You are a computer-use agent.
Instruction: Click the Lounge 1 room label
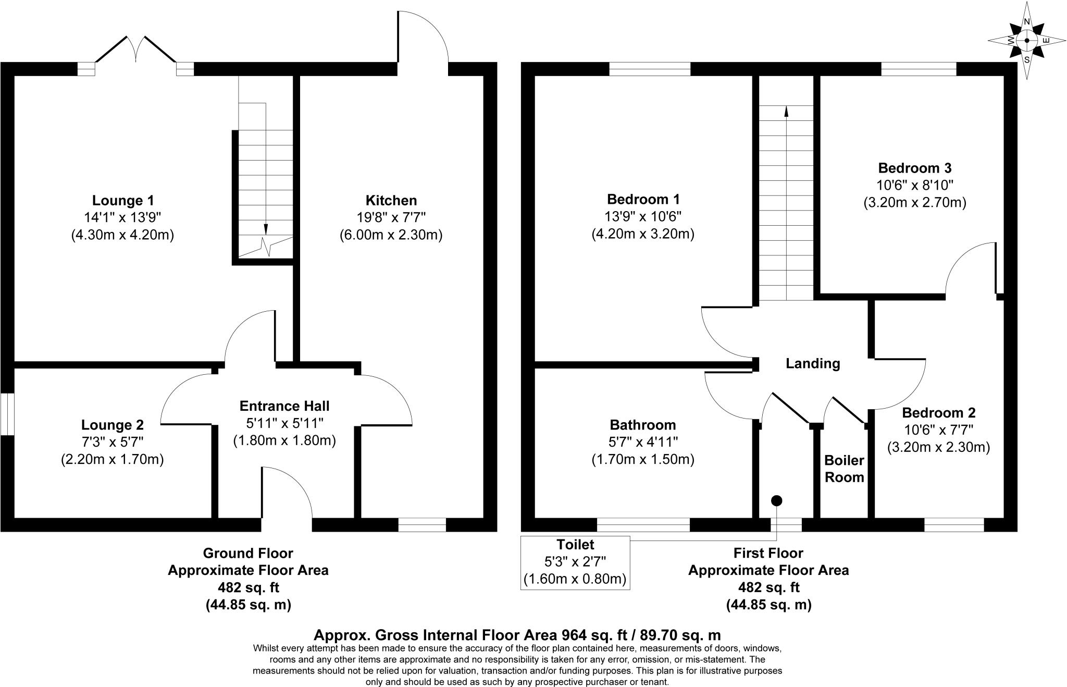123,200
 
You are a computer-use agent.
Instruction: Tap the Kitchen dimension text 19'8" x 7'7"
391,217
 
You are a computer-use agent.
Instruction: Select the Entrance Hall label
284,406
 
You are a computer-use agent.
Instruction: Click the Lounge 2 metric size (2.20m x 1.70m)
112,459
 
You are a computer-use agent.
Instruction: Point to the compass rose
1026,41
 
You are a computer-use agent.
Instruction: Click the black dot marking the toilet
777,500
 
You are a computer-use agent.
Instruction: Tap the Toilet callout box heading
575,545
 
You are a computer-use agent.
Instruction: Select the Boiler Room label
844,469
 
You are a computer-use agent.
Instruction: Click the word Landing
813,363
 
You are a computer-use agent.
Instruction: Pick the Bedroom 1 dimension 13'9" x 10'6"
643,216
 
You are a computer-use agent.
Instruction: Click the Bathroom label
643,425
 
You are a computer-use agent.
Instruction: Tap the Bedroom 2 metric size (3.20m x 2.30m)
938,447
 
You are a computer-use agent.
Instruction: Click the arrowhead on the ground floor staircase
266,229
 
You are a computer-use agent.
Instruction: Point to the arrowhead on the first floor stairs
786,111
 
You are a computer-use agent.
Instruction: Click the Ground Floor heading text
248,553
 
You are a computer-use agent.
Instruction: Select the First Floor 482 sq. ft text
768,587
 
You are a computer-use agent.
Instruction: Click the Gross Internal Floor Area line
517,635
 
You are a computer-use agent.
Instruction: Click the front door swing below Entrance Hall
287,493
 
